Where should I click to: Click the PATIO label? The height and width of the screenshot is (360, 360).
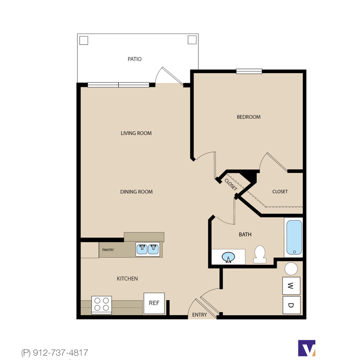tap(135, 59)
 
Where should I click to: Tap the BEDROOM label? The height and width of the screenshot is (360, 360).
tap(248, 117)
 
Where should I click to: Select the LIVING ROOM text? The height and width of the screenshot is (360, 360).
tap(136, 133)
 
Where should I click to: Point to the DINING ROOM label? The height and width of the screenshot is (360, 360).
tap(136, 192)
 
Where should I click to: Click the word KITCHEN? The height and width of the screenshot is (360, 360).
tap(128, 279)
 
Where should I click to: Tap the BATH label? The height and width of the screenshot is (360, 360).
tap(245, 235)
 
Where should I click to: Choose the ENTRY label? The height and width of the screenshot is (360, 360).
tap(200, 315)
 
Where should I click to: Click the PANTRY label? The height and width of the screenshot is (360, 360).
tap(108, 250)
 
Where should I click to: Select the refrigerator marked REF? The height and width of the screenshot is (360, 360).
tap(154, 303)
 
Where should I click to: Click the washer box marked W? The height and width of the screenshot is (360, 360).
tap(291, 286)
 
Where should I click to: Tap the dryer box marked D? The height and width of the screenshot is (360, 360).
tap(292, 305)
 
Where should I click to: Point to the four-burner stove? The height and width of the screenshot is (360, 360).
tap(101, 304)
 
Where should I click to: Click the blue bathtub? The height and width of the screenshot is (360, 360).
tap(294, 238)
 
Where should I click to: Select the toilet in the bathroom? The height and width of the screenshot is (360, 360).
tap(260, 255)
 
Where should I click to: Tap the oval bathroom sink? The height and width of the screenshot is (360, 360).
tap(228, 257)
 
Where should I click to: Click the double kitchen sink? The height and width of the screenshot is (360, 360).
tap(148, 249)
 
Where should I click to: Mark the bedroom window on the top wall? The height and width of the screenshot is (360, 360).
tap(249, 71)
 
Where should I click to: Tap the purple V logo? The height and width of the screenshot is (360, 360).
tap(307, 348)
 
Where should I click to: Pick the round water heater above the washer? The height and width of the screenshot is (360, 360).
tap(291, 268)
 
